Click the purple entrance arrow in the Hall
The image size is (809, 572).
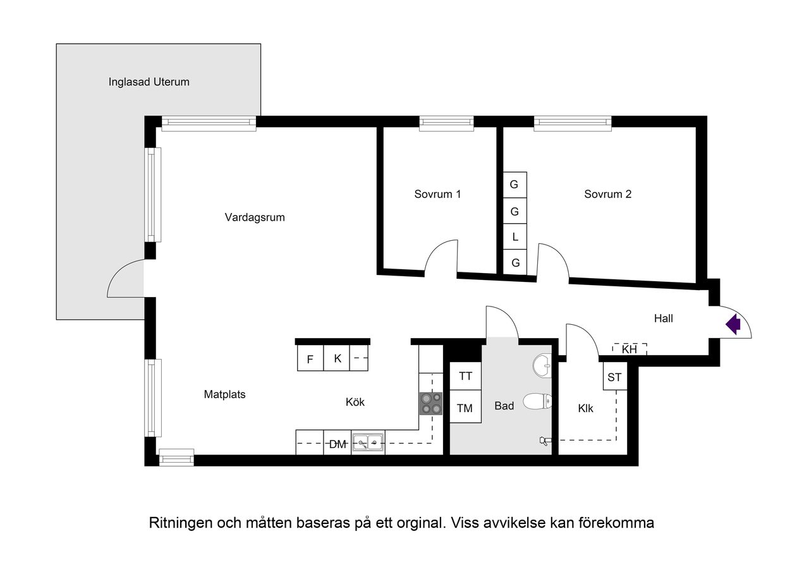[733, 325]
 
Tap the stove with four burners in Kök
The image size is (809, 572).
[431, 403]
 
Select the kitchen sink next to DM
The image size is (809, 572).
[368, 442]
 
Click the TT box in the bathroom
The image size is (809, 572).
[465, 376]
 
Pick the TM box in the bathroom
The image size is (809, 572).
[465, 408]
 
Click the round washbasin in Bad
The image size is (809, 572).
[541, 364]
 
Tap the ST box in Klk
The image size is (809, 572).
[614, 377]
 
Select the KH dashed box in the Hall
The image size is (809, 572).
[630, 349]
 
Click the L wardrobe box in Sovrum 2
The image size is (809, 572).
[515, 237]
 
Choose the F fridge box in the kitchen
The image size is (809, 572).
[310, 359]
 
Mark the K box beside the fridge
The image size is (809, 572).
[338, 358]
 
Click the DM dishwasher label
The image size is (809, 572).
[338, 444]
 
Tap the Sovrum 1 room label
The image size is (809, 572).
[437, 194]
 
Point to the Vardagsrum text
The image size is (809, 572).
[255, 217]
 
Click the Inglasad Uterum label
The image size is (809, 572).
[149, 82]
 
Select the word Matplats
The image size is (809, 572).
[224, 394]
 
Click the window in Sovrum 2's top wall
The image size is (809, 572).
[573, 123]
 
